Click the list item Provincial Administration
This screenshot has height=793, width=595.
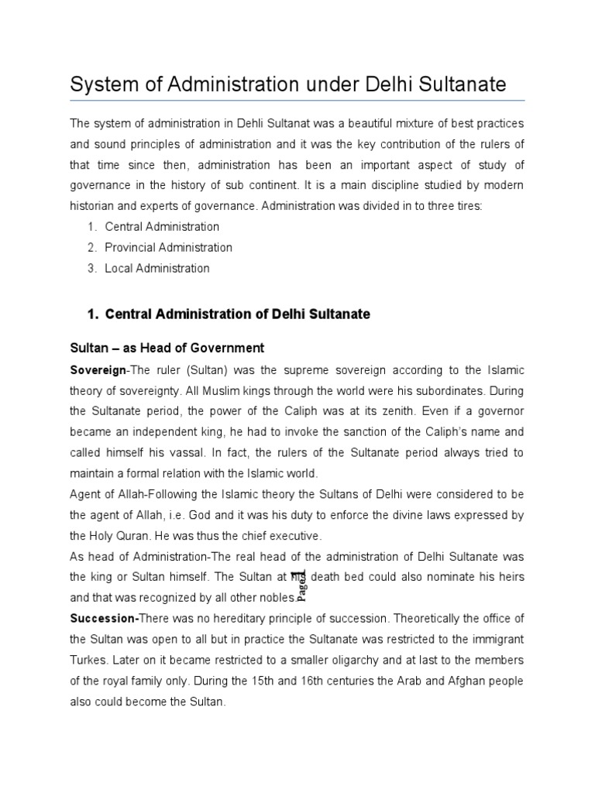[x=168, y=248]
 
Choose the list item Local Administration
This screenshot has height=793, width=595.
[x=157, y=269]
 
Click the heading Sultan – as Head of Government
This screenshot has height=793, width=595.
[x=167, y=348]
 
